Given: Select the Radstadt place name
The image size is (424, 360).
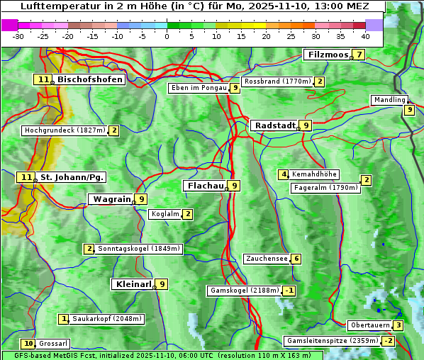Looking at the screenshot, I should (x=274, y=125).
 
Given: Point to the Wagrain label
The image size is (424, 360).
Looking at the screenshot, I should (x=111, y=199).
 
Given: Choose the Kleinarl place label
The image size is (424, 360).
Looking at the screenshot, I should (x=133, y=284).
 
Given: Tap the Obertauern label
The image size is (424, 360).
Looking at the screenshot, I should (x=370, y=325).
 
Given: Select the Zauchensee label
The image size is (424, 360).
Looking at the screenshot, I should (x=267, y=259).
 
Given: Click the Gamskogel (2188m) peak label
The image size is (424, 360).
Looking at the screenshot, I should (x=244, y=291).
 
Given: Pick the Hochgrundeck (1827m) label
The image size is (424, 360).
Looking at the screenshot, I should (x=65, y=130).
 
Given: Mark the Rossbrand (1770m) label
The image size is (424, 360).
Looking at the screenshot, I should (x=277, y=81).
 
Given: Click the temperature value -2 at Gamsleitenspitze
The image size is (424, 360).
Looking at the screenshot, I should (x=388, y=341).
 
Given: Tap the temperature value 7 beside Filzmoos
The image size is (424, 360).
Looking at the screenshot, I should (x=359, y=55).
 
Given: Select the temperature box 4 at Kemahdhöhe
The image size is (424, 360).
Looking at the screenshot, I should (x=284, y=174).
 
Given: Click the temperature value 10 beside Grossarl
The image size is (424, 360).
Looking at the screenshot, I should (x=28, y=344).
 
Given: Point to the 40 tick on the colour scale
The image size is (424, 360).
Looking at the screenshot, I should (x=365, y=36).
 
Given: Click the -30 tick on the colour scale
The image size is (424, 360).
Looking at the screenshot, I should (x=18, y=36).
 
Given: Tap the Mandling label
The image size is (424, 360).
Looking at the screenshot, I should (x=389, y=100).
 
